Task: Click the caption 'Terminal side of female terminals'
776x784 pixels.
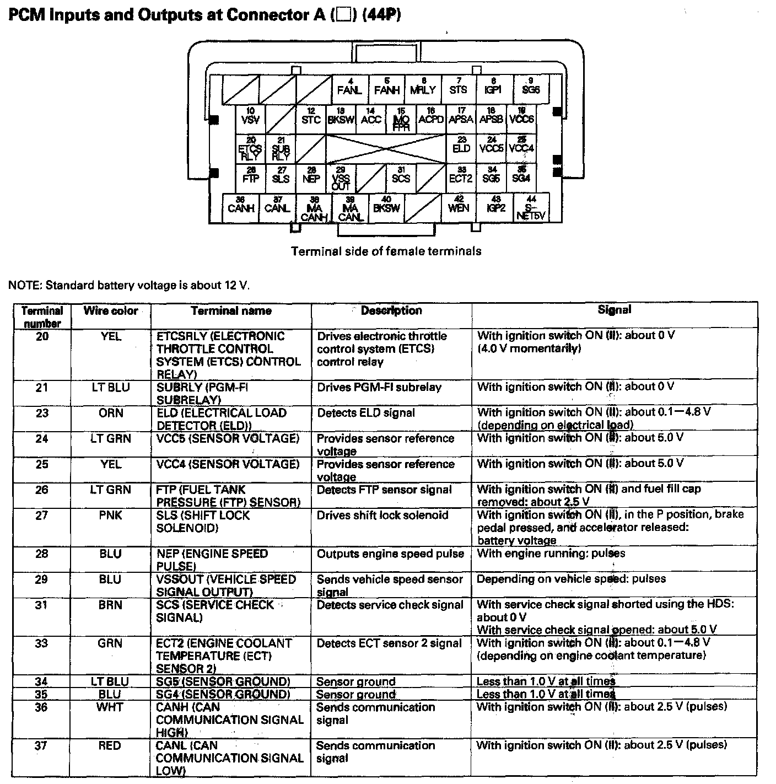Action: [386, 251]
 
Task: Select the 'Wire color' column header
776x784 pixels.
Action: [111, 311]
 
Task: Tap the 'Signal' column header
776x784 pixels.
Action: [615, 310]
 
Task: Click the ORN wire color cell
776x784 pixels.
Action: [111, 413]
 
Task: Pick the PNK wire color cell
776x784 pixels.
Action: [111, 515]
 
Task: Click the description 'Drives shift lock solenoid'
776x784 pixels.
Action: [382, 515]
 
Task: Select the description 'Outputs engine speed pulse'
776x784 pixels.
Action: [390, 554]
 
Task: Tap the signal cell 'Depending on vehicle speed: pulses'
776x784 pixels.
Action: [571, 579]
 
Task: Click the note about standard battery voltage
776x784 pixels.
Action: [132, 286]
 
